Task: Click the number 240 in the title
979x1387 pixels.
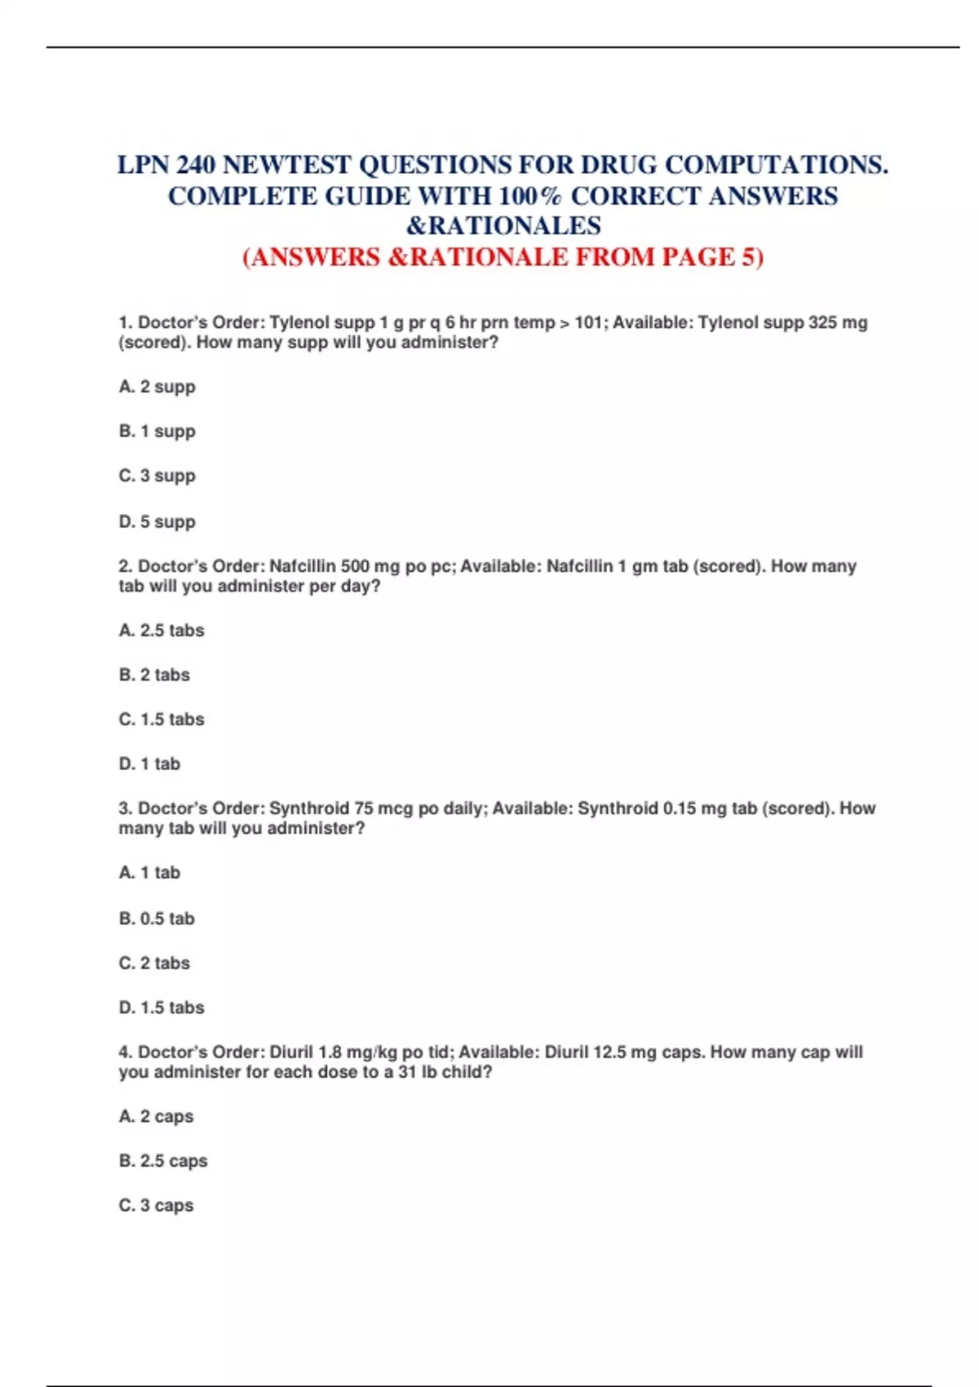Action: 196,166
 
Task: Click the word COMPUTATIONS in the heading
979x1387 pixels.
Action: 776,166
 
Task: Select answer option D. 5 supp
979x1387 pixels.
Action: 157,521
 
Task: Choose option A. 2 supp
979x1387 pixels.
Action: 157,387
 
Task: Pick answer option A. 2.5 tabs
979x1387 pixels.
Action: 162,630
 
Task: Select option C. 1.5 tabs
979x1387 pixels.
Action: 162,719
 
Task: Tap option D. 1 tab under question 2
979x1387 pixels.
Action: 150,764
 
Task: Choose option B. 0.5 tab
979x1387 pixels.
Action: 157,918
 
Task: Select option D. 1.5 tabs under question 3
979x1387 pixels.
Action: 162,1007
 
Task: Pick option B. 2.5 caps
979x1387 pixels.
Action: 163,1160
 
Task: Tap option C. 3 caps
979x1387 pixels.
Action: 157,1205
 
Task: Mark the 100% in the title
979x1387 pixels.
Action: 529,197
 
